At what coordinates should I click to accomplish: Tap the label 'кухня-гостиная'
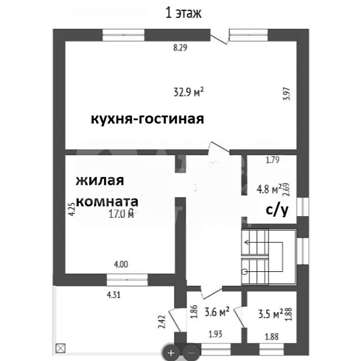[147, 119]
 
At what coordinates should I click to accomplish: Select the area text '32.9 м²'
[188, 93]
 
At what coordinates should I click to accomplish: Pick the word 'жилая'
[100, 181]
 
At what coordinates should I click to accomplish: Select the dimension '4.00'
[121, 263]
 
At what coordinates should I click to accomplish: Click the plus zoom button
[172, 353]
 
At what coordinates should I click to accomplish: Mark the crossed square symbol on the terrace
[60, 347]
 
